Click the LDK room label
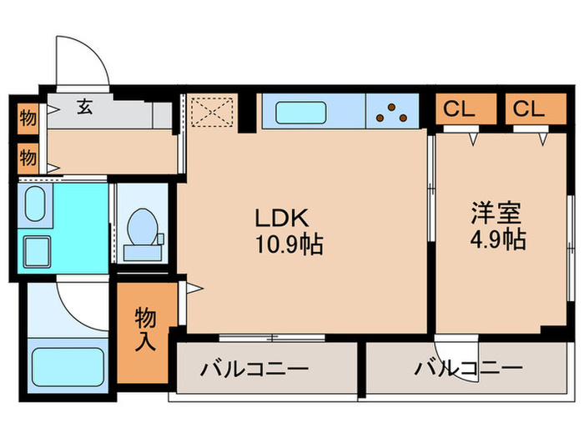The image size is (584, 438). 283,219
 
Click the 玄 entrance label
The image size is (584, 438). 85,106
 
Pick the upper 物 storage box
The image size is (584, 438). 28,118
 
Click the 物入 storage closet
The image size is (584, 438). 146,327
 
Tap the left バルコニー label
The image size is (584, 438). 254,369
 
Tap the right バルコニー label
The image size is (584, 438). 468,367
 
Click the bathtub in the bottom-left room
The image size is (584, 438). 66,365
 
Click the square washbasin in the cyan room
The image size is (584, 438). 38,249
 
